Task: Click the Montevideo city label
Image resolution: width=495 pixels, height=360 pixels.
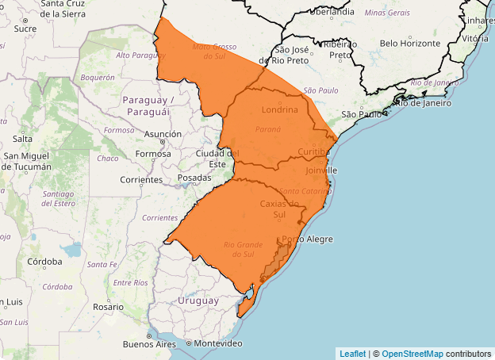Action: (x=218, y=343)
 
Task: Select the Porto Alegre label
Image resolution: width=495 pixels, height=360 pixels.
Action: (x=308, y=239)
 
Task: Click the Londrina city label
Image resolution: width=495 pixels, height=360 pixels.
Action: (x=279, y=110)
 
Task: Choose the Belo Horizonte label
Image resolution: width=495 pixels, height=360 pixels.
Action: (x=410, y=43)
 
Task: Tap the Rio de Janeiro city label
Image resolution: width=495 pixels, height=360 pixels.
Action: (x=423, y=102)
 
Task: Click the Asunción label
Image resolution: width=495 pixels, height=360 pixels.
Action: (x=163, y=135)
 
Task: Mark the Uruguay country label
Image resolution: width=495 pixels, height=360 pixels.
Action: (x=198, y=301)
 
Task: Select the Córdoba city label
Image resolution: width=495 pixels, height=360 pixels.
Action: (x=44, y=261)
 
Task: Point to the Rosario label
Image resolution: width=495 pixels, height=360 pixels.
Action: (x=108, y=306)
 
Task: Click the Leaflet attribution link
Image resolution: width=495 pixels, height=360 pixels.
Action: (x=352, y=354)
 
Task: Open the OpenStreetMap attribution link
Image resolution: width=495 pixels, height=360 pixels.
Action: (x=411, y=354)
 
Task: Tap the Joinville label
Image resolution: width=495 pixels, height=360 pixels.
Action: (x=321, y=170)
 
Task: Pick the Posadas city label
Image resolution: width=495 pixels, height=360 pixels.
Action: (x=194, y=178)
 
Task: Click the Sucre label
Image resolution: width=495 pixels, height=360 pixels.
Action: (x=25, y=29)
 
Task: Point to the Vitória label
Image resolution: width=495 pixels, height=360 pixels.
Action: (x=475, y=37)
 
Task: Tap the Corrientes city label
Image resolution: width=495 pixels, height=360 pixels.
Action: (x=141, y=180)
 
